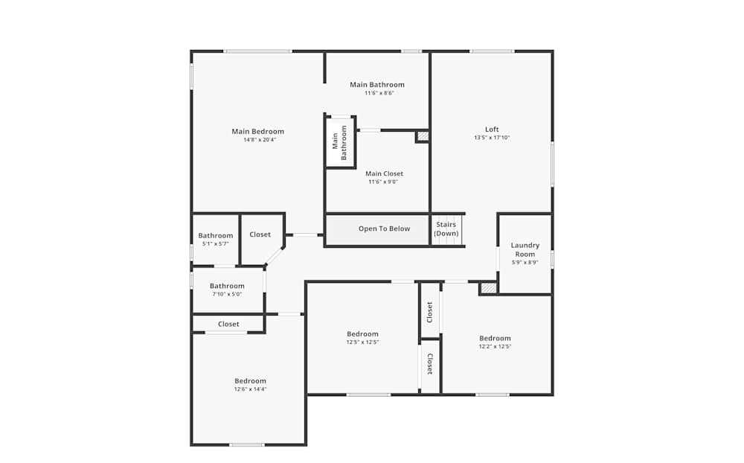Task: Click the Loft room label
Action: click(492, 130)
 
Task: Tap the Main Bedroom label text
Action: click(257, 132)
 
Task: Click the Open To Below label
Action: click(384, 229)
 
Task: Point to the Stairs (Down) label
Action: click(446, 229)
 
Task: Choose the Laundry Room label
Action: click(525, 249)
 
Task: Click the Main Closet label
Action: click(384, 173)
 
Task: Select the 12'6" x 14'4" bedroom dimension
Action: click(250, 389)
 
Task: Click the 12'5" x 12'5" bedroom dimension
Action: click(362, 342)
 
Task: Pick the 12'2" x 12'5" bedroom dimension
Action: click(495, 346)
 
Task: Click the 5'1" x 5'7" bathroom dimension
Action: click(215, 243)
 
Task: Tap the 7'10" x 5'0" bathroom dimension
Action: click(226, 294)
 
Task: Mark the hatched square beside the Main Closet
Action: click(423, 136)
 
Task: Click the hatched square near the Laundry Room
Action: click(488, 287)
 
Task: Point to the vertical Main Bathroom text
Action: click(339, 142)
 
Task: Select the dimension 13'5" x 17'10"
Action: click(492, 138)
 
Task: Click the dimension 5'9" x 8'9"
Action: click(525, 262)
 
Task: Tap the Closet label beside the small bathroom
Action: click(260, 234)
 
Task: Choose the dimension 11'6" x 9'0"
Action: click(383, 182)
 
